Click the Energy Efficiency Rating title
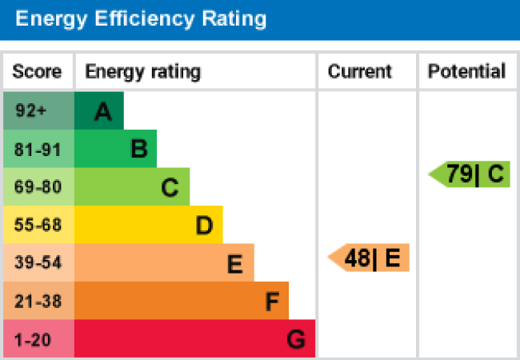141,19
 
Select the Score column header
37,72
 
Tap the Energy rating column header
142,72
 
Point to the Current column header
360,72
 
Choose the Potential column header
467,72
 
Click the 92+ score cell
31,111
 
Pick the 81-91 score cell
38,149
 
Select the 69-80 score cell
38,187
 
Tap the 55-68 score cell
38,225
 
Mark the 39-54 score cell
38,262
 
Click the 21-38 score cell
38,301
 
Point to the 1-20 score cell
33,339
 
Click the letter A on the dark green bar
102,113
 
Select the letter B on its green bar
138,150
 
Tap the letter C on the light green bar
170,188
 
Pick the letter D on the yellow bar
204,226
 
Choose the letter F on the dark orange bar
272,302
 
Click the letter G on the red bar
296,341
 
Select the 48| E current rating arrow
370,258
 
